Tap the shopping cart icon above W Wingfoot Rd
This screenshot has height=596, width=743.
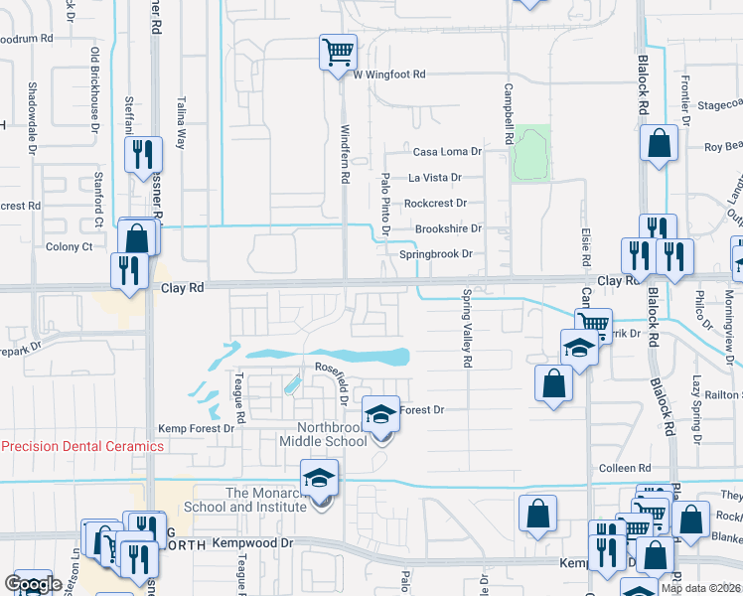(338, 51)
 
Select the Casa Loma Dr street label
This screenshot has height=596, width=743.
(447, 152)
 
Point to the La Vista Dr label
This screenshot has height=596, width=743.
(435, 178)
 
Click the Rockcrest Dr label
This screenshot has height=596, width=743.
(435, 203)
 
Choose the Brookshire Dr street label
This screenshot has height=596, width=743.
(448, 228)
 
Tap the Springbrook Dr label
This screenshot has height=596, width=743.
(435, 254)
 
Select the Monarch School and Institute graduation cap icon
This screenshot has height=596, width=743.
(320, 478)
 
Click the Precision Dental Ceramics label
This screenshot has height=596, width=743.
(82, 446)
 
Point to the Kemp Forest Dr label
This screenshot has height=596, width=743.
(197, 429)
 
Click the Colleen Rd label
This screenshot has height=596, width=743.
(624, 468)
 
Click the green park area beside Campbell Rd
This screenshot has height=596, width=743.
(531, 153)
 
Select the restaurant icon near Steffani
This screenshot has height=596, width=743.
(144, 154)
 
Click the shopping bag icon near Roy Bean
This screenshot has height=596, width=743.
(660, 143)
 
